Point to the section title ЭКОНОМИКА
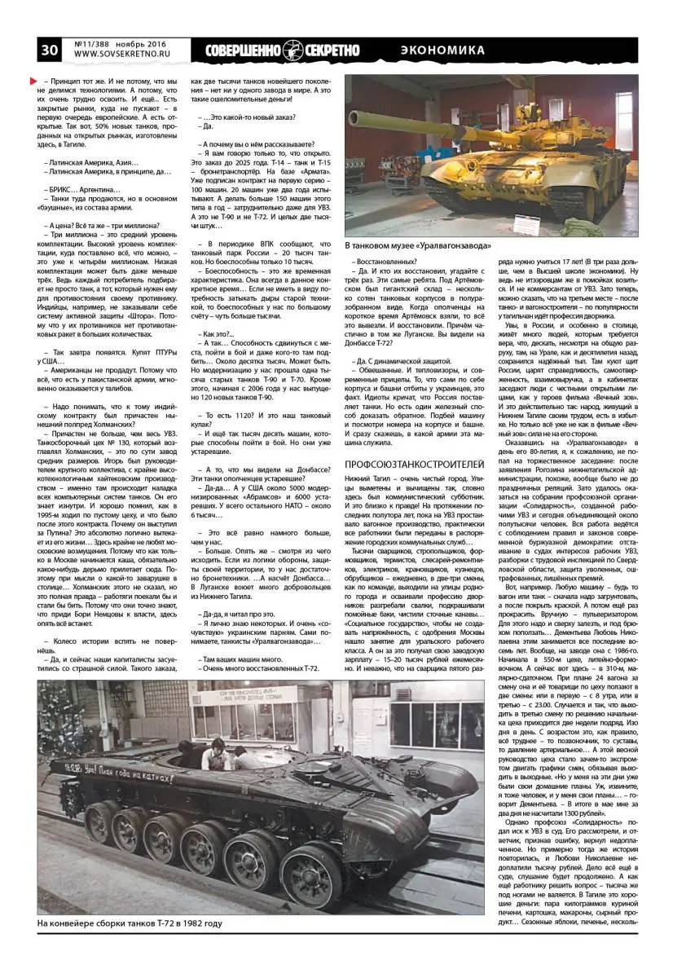pos(443,51)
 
